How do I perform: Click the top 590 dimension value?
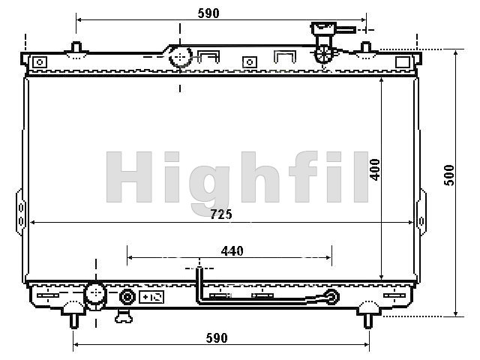[x=208, y=13]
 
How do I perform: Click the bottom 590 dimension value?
[x=217, y=338]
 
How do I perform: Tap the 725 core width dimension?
[x=221, y=214]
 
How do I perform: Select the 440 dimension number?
[x=232, y=251]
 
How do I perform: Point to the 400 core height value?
[x=375, y=169]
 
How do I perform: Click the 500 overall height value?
[x=449, y=175]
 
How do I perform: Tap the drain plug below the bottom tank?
[x=124, y=316]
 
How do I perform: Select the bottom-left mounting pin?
[x=73, y=321]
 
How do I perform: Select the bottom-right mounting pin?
[x=368, y=321]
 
